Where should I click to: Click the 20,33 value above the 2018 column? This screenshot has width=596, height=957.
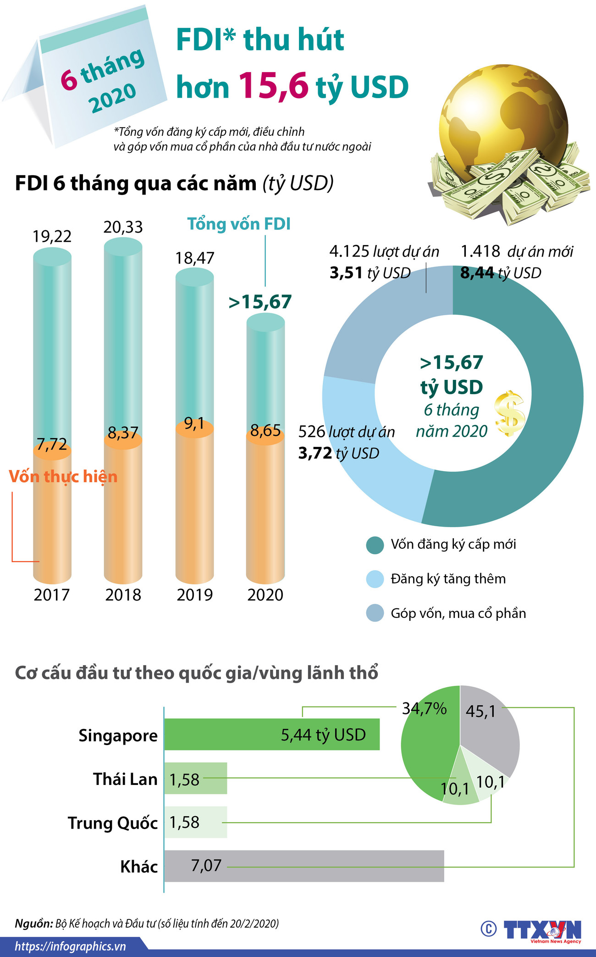123,227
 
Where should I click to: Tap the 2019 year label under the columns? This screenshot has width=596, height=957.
195,595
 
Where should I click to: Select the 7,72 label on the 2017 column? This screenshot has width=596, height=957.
52,444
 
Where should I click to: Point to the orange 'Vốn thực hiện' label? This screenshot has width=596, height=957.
63,477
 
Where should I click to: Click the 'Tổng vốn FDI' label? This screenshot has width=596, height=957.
239,224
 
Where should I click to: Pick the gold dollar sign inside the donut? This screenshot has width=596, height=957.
509,413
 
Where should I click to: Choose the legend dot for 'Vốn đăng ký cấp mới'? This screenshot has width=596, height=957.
375,545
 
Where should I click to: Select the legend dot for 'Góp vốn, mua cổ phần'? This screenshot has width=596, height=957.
375,613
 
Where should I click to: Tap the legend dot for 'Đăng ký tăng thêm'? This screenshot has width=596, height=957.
375,579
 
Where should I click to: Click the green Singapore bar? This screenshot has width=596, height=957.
272,734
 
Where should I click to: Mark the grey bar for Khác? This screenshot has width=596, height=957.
304,866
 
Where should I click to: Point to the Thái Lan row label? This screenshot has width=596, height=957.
125,779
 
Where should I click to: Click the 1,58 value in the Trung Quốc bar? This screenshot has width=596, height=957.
184,822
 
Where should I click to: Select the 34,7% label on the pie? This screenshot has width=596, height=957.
424,709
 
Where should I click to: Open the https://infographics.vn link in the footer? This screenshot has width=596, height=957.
70,946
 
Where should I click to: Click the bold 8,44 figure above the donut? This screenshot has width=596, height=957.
477,273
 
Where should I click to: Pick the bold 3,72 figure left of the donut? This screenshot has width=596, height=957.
315,453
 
